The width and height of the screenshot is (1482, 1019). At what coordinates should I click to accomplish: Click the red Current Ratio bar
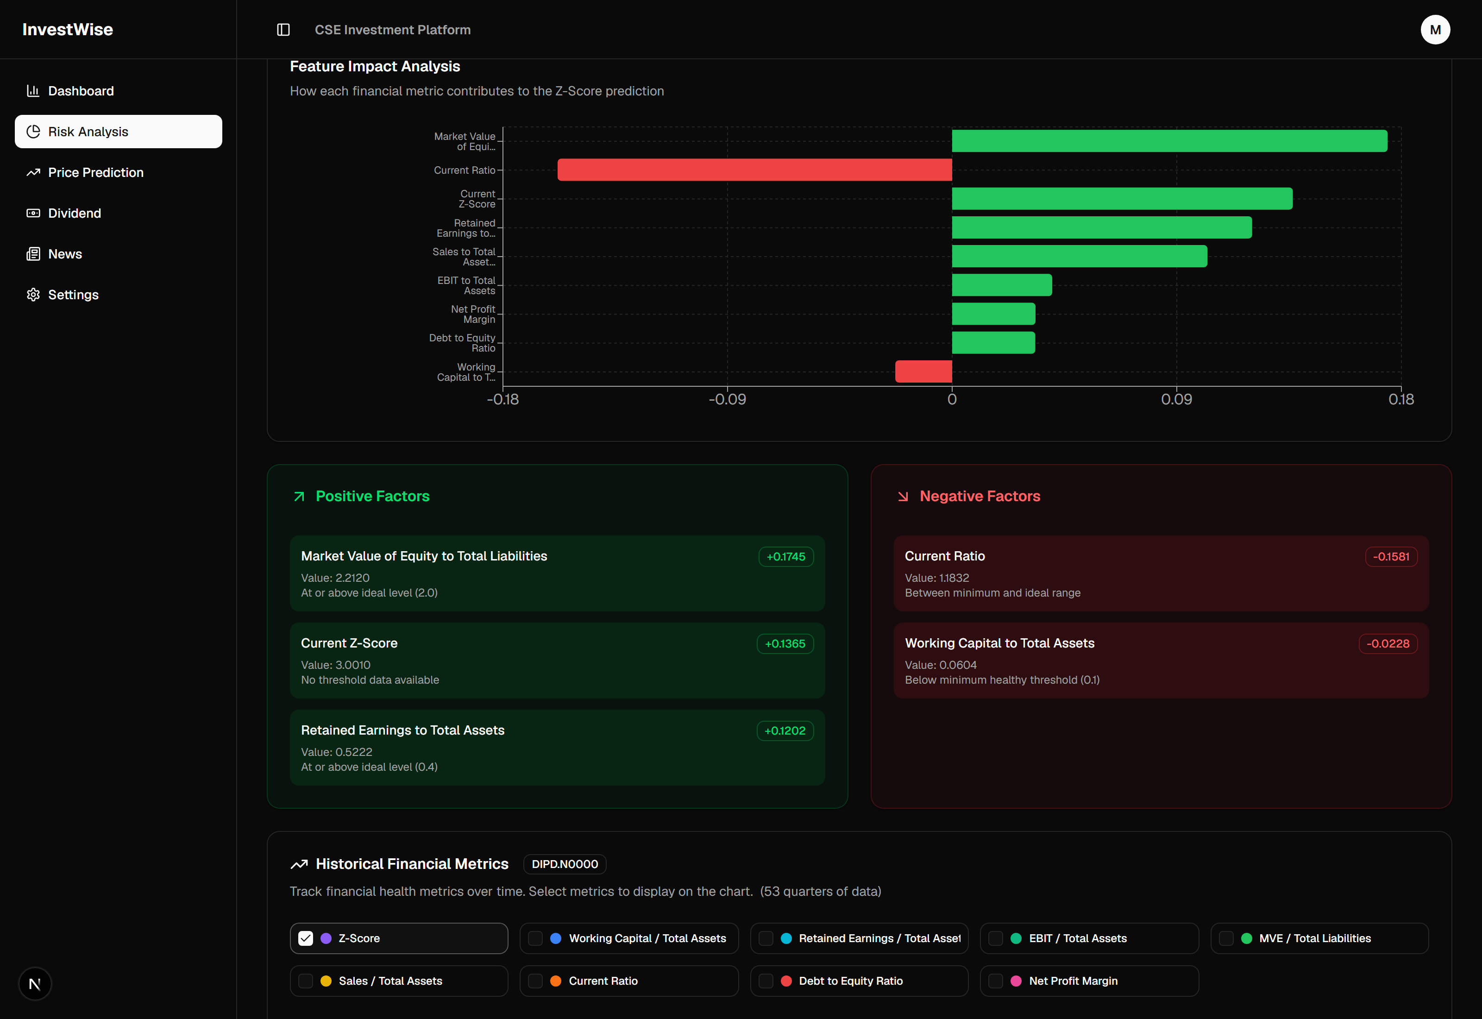point(754,170)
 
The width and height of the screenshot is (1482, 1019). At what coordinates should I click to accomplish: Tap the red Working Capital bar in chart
point(923,371)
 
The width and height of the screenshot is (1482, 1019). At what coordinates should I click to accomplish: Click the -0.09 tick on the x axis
point(727,400)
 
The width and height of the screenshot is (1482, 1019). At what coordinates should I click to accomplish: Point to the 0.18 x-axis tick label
point(1401,400)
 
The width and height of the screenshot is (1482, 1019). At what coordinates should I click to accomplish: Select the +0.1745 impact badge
point(785,557)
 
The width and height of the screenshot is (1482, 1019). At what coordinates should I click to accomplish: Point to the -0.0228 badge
point(1388,643)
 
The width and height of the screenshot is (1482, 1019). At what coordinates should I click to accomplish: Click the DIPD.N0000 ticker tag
point(565,864)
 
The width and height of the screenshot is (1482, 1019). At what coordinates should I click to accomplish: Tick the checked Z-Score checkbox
point(306,938)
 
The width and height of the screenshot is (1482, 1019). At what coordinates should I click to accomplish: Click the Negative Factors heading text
point(980,496)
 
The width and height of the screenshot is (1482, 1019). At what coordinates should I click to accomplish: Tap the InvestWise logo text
point(68,29)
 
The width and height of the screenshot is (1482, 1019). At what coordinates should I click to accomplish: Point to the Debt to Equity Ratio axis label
point(462,343)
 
